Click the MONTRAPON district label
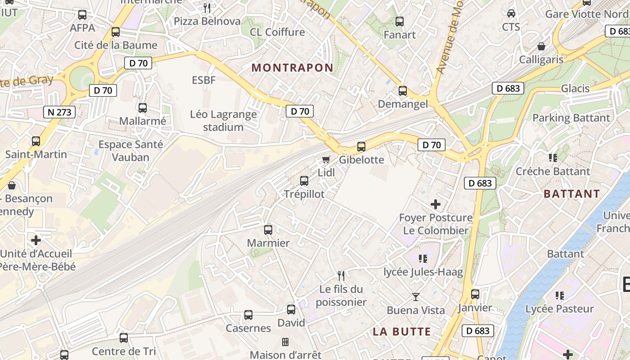tap(292, 68)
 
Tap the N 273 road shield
tap(59, 112)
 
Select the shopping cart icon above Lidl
tap(326, 160)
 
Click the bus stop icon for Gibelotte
tap(361, 147)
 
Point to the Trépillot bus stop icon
tap(304, 181)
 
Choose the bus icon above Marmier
tap(268, 230)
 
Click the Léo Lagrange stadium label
tap(223, 121)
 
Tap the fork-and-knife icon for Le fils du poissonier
tap(341, 275)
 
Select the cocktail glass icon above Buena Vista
tap(416, 297)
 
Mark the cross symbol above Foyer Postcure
tap(436, 204)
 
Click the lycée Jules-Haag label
tap(423, 272)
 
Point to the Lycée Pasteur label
tap(560, 309)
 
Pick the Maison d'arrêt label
tap(286, 355)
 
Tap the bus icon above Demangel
tap(403, 91)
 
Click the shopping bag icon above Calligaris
tap(541, 47)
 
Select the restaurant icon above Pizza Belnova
tap(207, 8)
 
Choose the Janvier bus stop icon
tap(475, 295)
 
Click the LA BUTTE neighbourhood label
tap(402, 332)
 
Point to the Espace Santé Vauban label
tap(130, 151)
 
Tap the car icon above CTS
tap(511, 13)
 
